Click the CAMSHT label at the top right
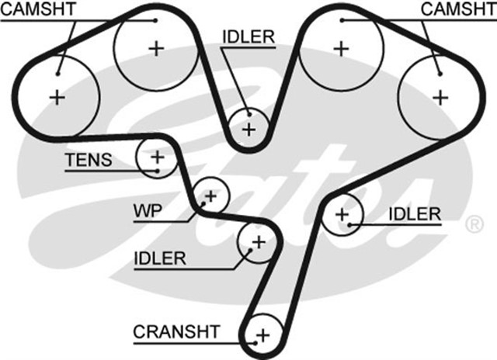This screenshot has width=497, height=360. click(457, 9)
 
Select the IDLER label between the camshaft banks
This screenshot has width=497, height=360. click(247, 37)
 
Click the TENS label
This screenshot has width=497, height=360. click(88, 160)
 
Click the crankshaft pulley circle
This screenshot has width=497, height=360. click(262, 334)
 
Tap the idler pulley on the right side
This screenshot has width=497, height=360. click(342, 213)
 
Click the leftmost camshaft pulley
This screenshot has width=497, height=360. click(57, 97)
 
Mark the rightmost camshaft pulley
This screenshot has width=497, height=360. click(440, 97)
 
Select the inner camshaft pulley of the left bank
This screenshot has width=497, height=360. click(156, 49)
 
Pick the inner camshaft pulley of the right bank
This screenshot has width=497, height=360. click(339, 49)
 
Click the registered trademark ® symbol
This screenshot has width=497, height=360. click(474, 225)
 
